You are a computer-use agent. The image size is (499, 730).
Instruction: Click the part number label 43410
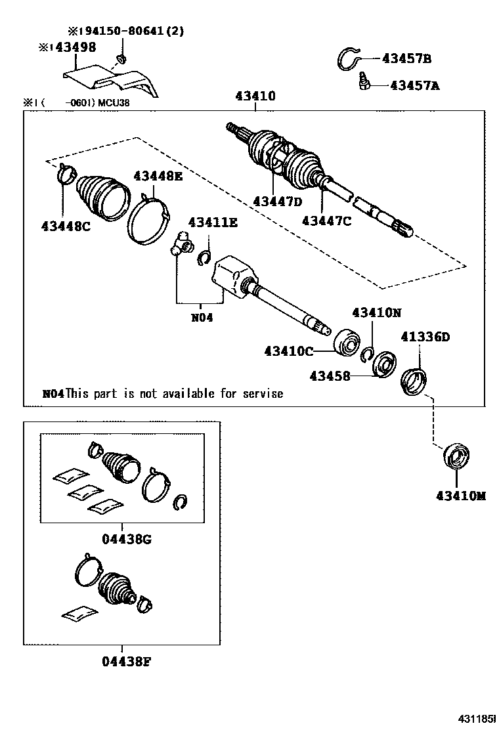point(255,97)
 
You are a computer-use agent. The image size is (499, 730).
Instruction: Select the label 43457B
point(406,60)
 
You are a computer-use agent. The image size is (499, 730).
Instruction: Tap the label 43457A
point(414,85)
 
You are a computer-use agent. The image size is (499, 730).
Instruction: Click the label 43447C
point(326,221)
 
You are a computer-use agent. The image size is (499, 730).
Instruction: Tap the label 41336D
point(425,337)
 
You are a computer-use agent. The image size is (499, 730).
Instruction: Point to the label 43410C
point(289,351)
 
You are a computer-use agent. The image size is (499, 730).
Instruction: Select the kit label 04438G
point(127,539)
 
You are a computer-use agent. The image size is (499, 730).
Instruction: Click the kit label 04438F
point(127,661)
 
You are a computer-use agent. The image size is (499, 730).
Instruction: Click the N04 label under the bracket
point(202,316)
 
